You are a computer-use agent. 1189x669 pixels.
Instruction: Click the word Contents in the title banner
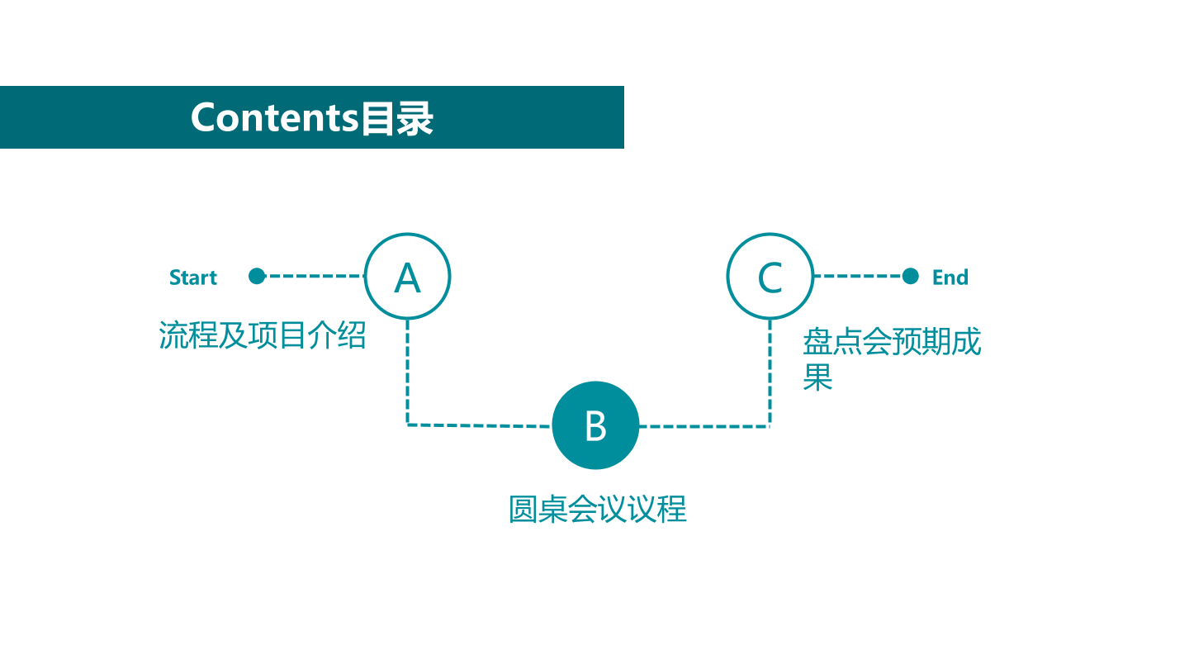click(275, 117)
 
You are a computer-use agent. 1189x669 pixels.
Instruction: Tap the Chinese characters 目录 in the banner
click(397, 118)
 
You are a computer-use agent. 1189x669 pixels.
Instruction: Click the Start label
click(193, 278)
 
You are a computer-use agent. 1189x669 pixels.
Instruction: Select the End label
click(950, 278)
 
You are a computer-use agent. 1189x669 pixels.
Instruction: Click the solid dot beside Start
click(257, 276)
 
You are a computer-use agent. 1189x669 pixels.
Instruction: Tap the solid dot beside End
click(910, 276)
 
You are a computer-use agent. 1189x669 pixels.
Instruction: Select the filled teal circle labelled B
click(595, 425)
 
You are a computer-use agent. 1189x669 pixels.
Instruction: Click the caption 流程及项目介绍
click(263, 335)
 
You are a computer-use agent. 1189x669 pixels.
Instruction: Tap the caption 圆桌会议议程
click(598, 510)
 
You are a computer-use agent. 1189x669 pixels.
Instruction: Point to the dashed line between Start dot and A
click(315, 276)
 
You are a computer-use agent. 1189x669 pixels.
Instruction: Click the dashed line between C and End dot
click(858, 276)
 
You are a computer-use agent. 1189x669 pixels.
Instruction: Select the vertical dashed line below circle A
click(408, 372)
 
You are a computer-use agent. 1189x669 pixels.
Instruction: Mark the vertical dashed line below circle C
click(770, 372)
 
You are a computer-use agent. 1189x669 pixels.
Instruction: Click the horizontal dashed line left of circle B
click(479, 425)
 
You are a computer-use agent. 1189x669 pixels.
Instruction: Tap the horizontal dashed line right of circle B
click(704, 426)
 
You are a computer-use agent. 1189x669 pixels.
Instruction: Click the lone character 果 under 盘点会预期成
click(817, 377)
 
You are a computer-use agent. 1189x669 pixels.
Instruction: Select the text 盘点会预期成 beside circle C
click(892, 341)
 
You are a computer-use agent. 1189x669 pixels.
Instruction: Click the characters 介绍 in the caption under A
click(337, 335)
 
